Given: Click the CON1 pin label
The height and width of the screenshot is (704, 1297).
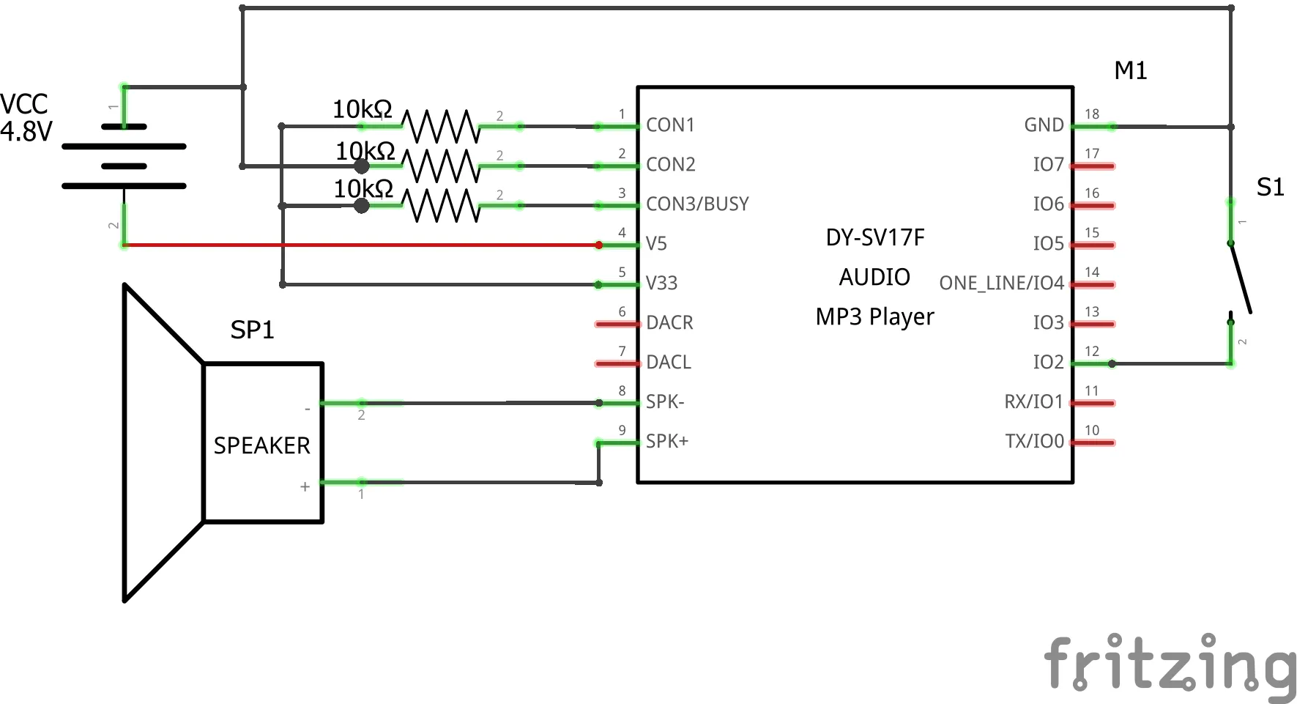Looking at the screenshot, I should [x=669, y=125].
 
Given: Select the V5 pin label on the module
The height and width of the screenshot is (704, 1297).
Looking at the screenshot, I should [x=656, y=244].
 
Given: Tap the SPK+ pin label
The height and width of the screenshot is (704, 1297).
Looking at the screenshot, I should [x=666, y=442].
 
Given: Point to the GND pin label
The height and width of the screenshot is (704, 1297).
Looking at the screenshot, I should [x=1044, y=125].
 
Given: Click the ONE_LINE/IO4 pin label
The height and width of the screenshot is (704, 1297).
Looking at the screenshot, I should [x=1001, y=284].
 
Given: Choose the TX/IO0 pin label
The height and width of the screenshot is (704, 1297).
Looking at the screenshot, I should [x=1034, y=442].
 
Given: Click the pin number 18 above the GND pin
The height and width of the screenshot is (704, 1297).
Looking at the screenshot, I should [x=1092, y=114].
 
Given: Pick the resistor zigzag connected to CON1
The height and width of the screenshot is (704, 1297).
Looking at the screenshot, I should [x=442, y=126].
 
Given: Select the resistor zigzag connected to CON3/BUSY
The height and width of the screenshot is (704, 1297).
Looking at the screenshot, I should [x=442, y=205].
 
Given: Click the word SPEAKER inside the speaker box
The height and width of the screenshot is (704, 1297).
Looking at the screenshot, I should [x=261, y=445].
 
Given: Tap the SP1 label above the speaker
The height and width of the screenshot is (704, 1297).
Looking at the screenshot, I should [x=252, y=330].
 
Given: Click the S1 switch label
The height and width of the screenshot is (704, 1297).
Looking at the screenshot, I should [x=1270, y=188].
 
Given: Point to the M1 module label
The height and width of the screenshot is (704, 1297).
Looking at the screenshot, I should [x=1130, y=71].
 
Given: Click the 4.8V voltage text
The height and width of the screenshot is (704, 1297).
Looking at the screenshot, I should [x=26, y=132].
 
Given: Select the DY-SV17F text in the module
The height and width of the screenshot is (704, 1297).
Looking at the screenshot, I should [x=875, y=238].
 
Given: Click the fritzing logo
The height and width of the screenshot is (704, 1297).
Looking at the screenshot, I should [x=1170, y=664].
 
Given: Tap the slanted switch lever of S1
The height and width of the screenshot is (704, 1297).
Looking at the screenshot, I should [x=1241, y=279].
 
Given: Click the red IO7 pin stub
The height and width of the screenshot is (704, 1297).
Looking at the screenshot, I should [x=1093, y=166].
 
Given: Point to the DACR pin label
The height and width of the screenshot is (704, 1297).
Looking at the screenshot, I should [x=669, y=323].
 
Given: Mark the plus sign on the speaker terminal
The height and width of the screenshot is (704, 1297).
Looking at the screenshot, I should [x=305, y=486].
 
